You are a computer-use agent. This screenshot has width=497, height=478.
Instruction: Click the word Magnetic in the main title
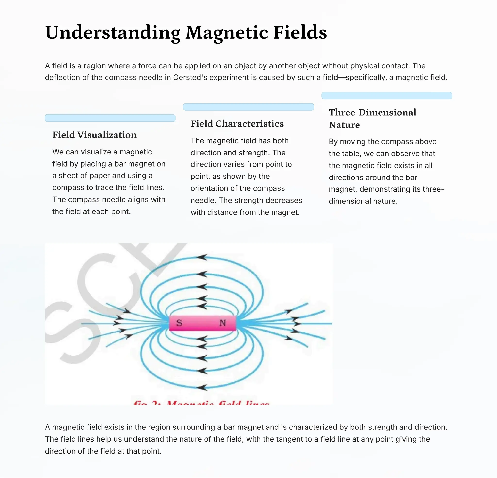[227, 33]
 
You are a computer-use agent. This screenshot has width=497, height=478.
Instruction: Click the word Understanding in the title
[113, 33]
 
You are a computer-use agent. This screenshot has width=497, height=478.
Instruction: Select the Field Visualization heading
[94, 135]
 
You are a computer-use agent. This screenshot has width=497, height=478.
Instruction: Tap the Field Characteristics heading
[237, 124]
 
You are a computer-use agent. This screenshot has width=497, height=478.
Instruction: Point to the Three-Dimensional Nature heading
[373, 118]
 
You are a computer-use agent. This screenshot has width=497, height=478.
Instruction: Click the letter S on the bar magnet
[179, 323]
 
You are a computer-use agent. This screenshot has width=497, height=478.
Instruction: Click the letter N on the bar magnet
[223, 323]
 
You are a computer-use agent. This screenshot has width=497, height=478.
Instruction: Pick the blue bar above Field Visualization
[110, 118]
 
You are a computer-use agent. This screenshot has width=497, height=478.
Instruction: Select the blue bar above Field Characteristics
[248, 107]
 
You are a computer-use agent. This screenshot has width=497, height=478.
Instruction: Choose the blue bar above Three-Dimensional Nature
[386, 96]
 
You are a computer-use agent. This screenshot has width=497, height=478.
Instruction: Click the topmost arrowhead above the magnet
[202, 257]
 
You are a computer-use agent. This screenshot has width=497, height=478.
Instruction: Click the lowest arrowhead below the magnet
[202, 387]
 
